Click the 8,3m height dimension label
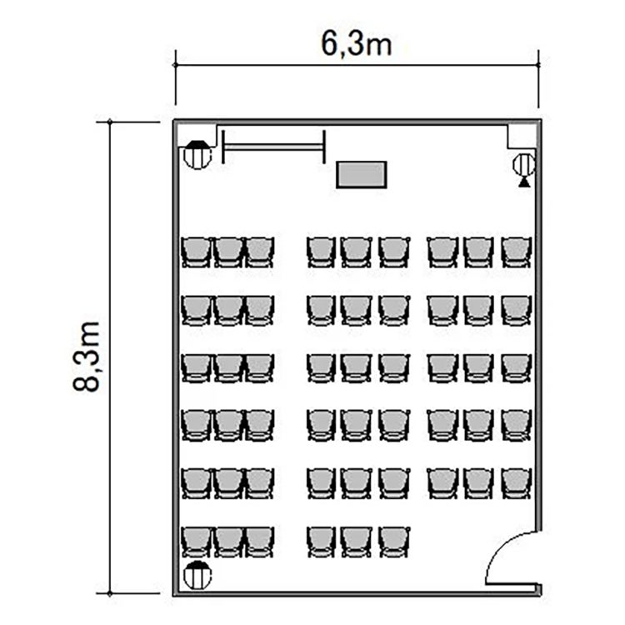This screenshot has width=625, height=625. (x=86, y=356)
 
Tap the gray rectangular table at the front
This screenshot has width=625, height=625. (x=362, y=174)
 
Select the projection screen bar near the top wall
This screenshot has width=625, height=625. (x=273, y=147)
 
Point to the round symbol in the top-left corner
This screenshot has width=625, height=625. (x=197, y=155)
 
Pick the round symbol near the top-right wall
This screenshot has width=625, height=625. (x=524, y=165)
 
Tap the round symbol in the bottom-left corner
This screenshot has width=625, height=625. (x=197, y=575)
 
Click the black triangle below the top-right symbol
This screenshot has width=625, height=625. (x=524, y=182)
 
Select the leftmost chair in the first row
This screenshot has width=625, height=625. (x=196, y=252)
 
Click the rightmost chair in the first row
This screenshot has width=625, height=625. (x=517, y=252)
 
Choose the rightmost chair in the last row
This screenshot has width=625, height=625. (x=394, y=542)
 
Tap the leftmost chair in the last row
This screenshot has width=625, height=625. (x=196, y=542)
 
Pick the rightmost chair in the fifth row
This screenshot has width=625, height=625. (x=517, y=483)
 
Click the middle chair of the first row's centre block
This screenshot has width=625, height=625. (x=357, y=252)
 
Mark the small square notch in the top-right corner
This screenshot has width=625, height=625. (x=522, y=137)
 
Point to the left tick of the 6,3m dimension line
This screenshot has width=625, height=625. (x=176, y=65)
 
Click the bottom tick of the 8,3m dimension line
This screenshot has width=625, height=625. (x=110, y=593)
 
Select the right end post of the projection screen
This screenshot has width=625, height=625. (x=324, y=147)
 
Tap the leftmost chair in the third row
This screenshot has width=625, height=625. (x=196, y=367)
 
